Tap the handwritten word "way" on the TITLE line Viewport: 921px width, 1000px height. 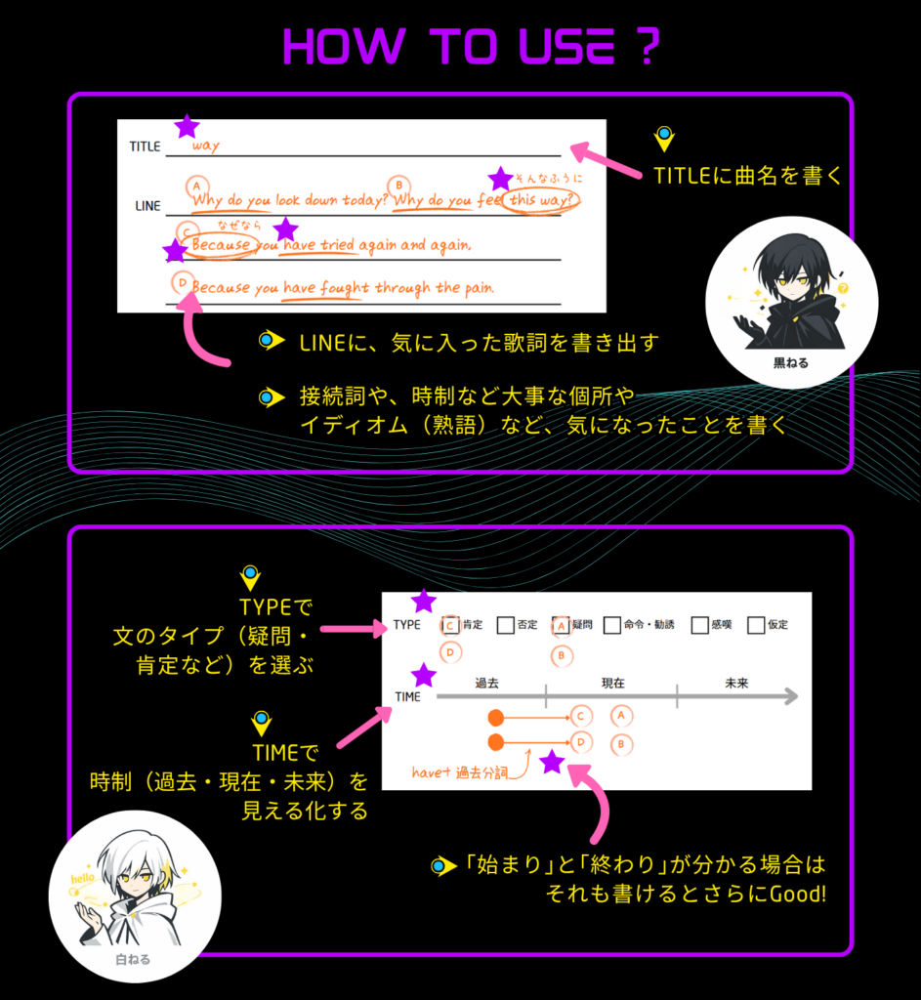point(206,146)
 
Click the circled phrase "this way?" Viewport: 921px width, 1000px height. point(541,201)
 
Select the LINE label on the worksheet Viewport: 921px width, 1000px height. point(148,206)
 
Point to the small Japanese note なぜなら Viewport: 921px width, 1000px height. point(239,226)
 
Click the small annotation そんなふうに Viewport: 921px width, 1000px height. point(549,179)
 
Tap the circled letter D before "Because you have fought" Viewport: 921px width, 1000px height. point(183,282)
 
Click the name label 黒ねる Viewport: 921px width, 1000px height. point(791,363)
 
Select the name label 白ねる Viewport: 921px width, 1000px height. point(133,959)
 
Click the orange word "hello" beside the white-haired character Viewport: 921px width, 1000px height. point(82,879)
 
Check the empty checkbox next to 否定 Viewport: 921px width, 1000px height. point(505,625)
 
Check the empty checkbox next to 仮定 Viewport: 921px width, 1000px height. point(756,625)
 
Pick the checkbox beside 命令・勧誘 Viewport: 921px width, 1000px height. point(612,625)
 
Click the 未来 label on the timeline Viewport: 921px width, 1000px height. point(736,683)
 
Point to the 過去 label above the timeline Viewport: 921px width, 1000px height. point(486,683)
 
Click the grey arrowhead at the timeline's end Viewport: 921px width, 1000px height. point(791,695)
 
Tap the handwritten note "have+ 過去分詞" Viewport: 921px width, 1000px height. point(460,772)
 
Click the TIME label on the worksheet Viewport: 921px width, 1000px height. point(407,697)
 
